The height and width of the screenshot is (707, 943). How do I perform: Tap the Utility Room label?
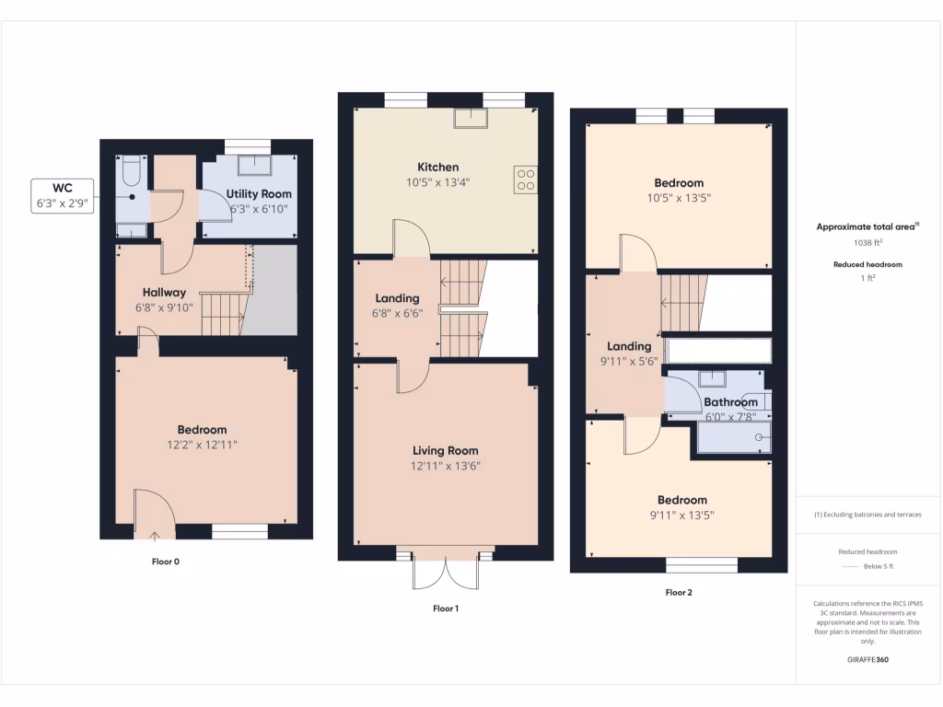[259, 193]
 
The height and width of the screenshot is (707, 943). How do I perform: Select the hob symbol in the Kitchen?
[526, 179]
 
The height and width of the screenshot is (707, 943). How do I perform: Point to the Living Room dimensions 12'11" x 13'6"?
[446, 466]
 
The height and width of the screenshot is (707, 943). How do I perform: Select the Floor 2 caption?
[679, 593]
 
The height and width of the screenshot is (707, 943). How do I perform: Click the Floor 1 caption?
[446, 608]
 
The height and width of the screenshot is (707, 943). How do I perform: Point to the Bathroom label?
[730, 402]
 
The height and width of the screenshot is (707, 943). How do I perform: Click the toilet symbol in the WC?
[130, 170]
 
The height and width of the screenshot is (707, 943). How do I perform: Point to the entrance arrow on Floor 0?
[153, 533]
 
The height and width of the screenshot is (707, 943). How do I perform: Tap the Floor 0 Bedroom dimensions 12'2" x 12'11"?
[202, 445]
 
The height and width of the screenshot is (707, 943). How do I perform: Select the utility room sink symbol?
[253, 166]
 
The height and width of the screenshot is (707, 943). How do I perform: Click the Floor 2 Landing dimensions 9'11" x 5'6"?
[629, 362]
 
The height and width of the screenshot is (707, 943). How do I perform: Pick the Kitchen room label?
[437, 167]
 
